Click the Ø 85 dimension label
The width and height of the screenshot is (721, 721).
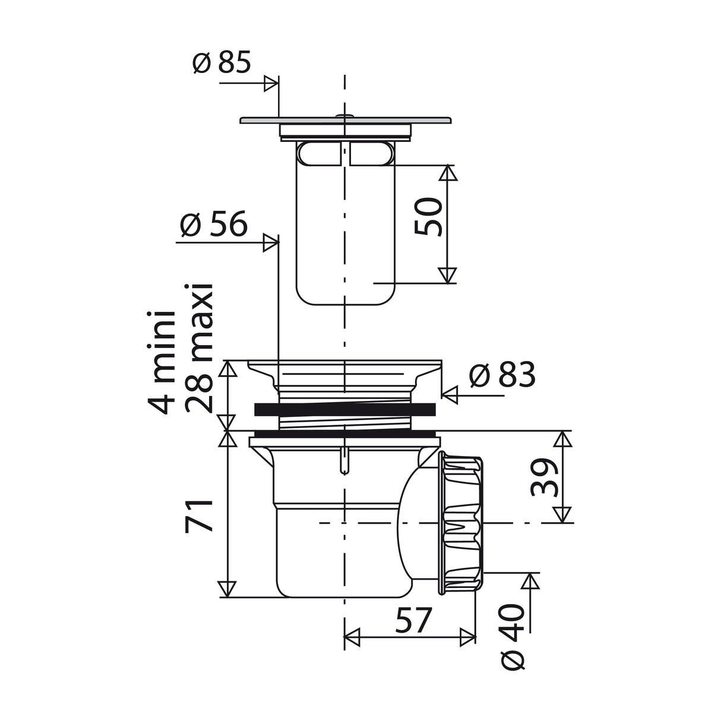[x=222, y=62]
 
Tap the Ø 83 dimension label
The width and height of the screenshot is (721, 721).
[x=502, y=375]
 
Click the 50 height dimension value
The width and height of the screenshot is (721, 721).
[x=429, y=217]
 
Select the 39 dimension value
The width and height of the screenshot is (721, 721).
[x=545, y=477]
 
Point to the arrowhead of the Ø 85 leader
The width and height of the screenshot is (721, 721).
[x=271, y=84]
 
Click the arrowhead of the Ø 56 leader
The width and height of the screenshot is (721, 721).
[x=271, y=242]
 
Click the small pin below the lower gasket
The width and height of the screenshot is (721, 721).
[x=344, y=461]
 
